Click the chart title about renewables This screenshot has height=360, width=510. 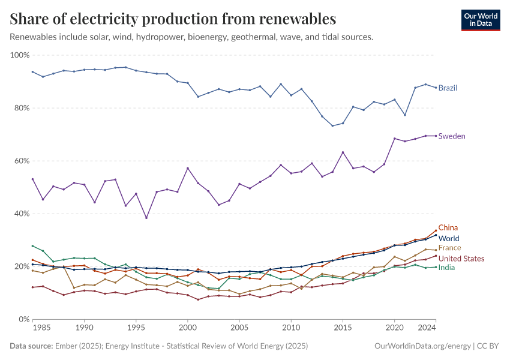tap(173, 19)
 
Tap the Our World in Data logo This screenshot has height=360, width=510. tap(480, 20)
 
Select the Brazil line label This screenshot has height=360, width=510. tap(448, 88)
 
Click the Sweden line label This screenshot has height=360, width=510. tap(452, 136)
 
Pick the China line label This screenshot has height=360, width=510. tap(448, 227)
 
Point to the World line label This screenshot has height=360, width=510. tap(449, 239)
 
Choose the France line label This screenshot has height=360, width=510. tap(449, 248)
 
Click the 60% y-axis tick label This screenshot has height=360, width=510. tap(22, 161)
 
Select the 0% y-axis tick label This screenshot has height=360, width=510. tap(24, 319)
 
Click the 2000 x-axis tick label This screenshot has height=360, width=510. tap(188, 329)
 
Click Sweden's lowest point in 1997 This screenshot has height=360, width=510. tap(146, 218)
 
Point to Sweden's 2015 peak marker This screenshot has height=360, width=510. tap(343, 152)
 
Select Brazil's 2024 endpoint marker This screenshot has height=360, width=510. tap(436, 88)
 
